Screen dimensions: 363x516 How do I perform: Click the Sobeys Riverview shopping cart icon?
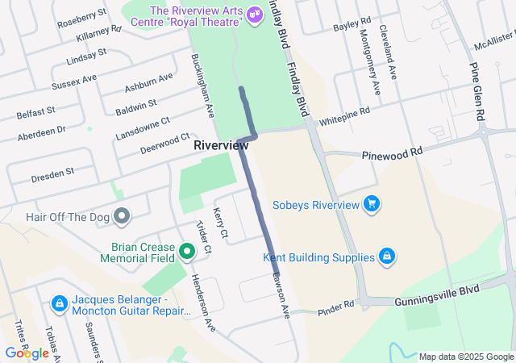coord(371,203)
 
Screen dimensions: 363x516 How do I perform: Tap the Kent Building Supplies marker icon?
coord(387,257)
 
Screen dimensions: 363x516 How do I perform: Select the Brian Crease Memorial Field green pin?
coord(187,252)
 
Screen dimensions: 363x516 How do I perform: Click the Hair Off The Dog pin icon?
coord(122,215)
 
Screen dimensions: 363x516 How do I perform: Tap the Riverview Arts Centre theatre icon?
coord(255,13)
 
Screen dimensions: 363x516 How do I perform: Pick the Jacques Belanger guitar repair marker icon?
coord(59,304)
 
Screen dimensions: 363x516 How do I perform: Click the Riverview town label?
coord(221,146)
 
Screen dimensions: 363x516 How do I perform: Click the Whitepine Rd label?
coord(344,116)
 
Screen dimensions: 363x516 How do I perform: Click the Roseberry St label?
coord(82,19)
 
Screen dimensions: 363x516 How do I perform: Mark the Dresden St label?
coord(54,172)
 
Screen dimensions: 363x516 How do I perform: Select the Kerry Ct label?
coord(221,223)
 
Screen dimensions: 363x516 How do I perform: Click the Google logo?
coord(27,353)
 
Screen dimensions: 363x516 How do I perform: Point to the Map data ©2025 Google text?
coord(466,357)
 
